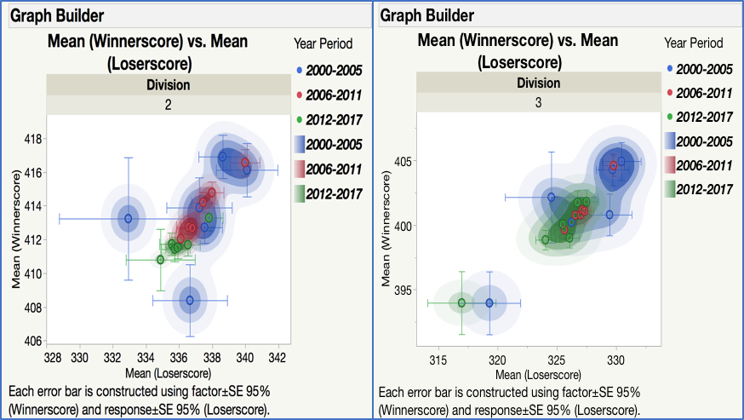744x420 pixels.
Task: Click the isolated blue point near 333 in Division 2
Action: [x=129, y=218]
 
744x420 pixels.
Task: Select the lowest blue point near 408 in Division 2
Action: [x=190, y=300]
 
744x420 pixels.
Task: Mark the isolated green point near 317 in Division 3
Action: [x=461, y=302]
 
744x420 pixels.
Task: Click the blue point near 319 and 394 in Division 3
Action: [x=489, y=302]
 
